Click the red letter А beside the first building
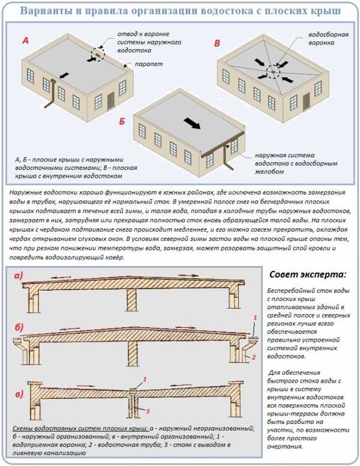pyautogui.click(x=25, y=41)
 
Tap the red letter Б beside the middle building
pyautogui.click(x=122, y=122)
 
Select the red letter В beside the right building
pyautogui.click(x=217, y=43)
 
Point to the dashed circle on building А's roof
pyautogui.click(x=97, y=55)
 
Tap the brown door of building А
pyautogui.click(x=110, y=100)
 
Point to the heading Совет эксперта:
pyautogui.click(x=308, y=274)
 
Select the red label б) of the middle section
pyautogui.click(x=18, y=327)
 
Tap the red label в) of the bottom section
pyautogui.click(x=18, y=394)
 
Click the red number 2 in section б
pyautogui.click(x=254, y=356)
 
